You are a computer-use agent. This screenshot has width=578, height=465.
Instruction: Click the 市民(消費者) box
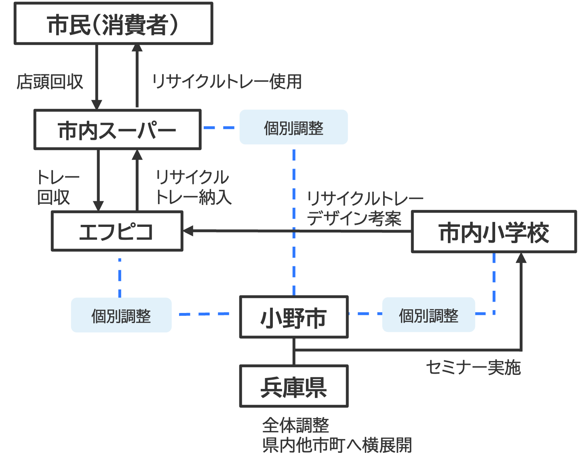[113, 23]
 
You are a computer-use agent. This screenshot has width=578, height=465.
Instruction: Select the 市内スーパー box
[117, 130]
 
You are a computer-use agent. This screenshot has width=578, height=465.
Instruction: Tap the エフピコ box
[117, 231]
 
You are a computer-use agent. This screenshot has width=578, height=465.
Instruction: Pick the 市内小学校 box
[494, 232]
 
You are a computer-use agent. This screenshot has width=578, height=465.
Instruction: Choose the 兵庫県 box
[293, 387]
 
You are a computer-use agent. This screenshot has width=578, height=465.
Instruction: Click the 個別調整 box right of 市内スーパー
[293, 127]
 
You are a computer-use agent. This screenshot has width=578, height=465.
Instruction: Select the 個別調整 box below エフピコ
[121, 315]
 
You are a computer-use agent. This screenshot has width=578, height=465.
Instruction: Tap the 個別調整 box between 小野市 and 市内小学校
[428, 315]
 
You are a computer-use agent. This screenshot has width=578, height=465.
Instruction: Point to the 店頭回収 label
[50, 82]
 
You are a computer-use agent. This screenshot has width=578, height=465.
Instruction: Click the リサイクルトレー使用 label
[226, 82]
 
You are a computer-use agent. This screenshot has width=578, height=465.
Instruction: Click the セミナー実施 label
[473, 368]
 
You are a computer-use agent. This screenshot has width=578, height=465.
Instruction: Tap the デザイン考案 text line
[354, 219]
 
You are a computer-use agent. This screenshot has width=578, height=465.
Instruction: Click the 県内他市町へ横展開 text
[337, 445]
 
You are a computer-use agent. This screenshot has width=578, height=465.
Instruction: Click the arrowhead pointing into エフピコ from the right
[188, 231]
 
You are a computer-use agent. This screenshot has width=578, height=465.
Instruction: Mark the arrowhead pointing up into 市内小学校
[521, 258]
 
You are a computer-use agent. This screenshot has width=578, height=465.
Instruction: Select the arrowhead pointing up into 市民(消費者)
[137, 49]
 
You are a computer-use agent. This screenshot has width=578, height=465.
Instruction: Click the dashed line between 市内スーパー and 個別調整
[219, 128]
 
